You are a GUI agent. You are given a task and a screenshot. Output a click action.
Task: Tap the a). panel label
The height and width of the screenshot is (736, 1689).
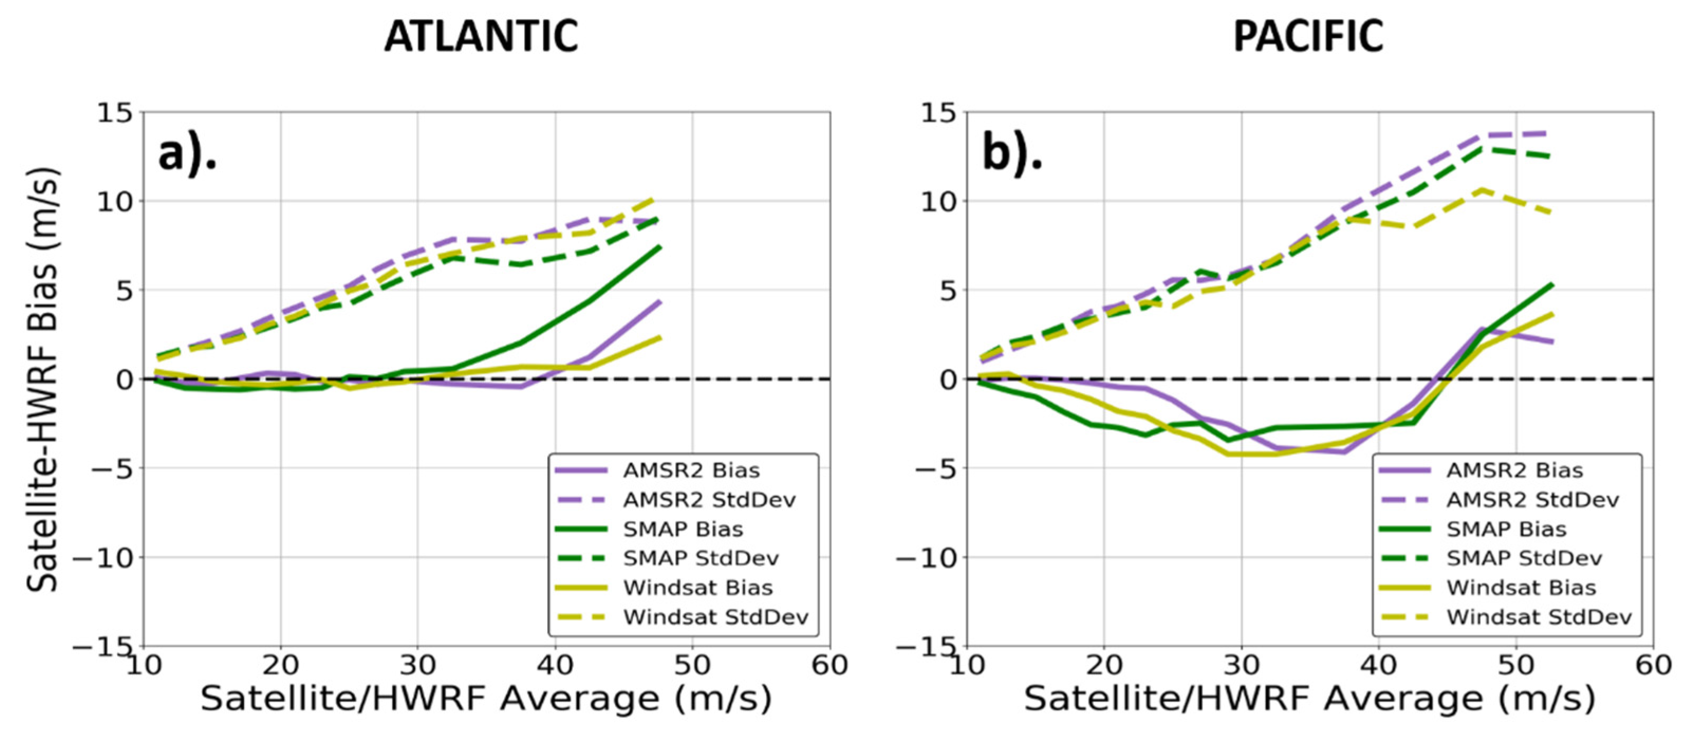coord(187,155)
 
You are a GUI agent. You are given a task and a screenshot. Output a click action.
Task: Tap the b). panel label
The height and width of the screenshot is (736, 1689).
coord(1012,155)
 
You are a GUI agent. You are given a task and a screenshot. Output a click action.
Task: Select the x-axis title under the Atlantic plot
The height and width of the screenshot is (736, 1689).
coord(486,698)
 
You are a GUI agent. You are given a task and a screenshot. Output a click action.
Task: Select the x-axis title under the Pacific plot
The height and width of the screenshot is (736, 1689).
coord(1309,698)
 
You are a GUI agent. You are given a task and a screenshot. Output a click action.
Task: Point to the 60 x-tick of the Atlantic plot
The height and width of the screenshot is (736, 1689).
coord(829,665)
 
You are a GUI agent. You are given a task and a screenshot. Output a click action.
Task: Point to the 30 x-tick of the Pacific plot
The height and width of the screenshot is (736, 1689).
coord(1241,665)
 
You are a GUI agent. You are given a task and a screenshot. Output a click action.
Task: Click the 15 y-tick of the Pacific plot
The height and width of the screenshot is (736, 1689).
coord(939,113)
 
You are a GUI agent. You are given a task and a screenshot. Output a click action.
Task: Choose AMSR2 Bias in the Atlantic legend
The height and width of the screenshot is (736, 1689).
coord(690,470)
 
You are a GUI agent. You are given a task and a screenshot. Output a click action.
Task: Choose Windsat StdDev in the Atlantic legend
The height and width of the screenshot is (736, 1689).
coord(715,617)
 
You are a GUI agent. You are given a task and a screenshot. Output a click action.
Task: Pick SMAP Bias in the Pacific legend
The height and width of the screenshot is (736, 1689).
coord(1506,529)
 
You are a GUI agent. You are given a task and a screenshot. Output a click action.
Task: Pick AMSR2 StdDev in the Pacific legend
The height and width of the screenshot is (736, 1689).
coord(1532,500)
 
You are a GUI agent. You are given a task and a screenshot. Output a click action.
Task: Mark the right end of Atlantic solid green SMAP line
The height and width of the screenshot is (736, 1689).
coord(660,247)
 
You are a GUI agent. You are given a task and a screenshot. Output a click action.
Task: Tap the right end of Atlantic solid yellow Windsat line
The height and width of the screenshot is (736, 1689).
coord(660,338)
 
